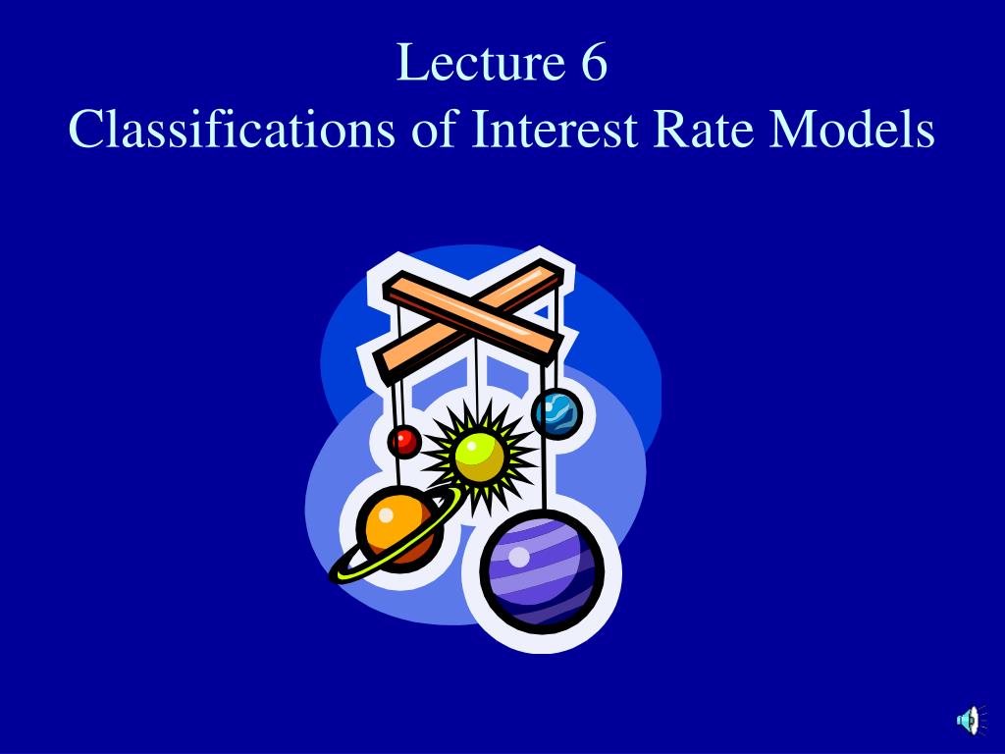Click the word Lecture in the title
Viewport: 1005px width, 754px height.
coord(478,64)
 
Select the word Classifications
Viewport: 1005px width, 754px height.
coord(233,130)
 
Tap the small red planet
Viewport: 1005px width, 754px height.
coord(403,441)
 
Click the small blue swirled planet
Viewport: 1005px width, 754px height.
coord(556,412)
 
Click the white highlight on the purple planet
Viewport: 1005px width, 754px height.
coord(519,557)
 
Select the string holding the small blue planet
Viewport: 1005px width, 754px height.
coord(556,368)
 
